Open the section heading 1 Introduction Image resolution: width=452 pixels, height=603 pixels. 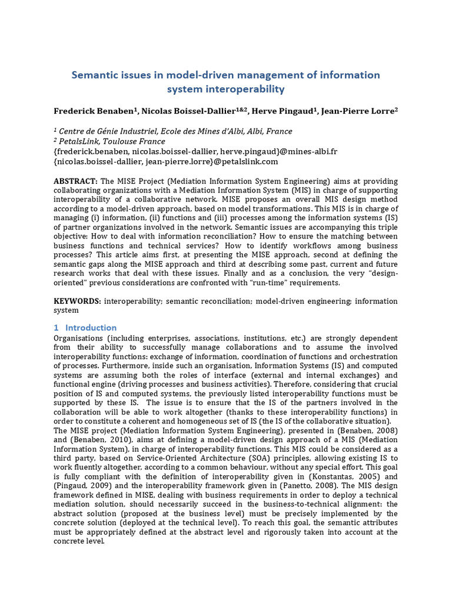(85, 327)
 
